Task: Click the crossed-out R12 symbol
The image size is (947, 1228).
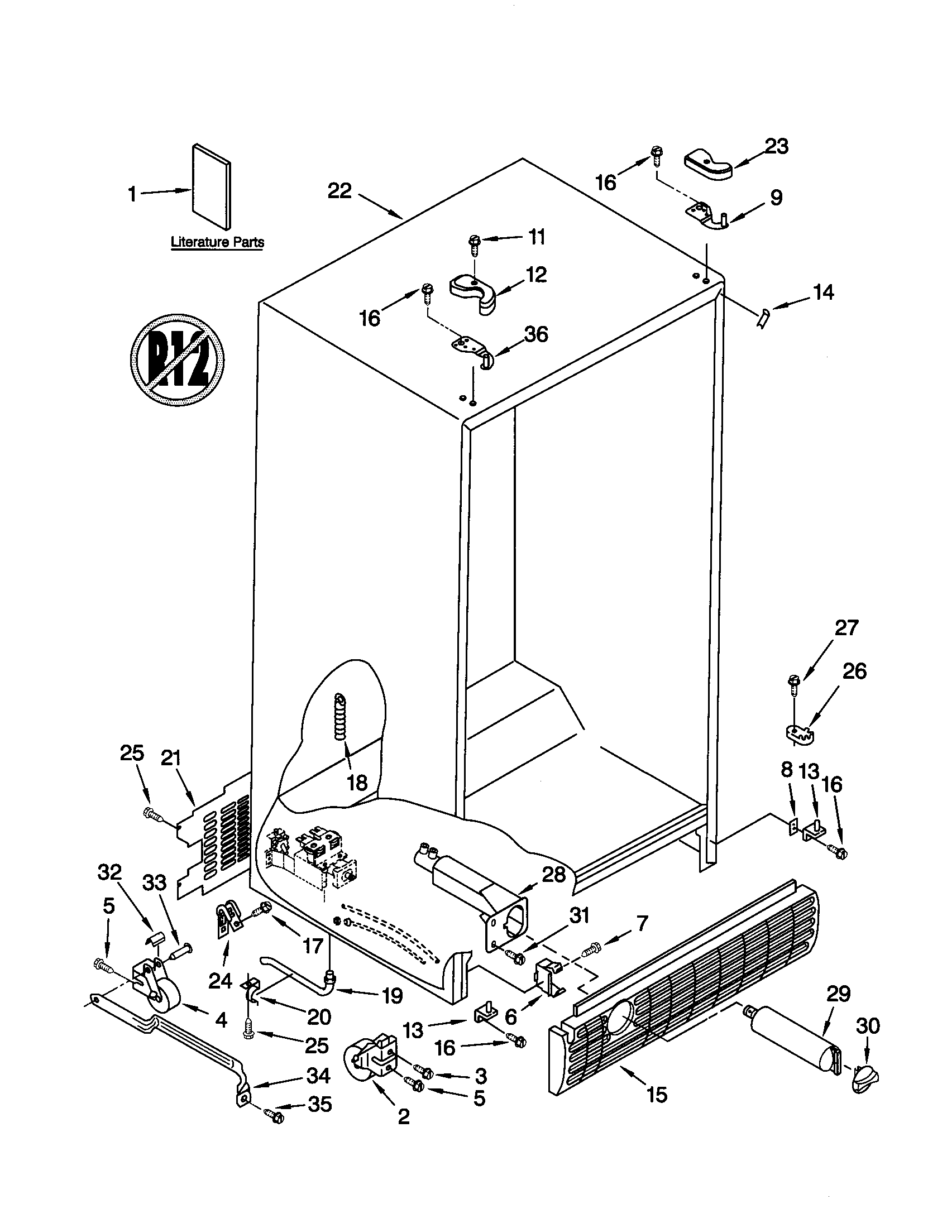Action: pos(177,359)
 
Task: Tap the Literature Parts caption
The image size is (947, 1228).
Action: pos(217,243)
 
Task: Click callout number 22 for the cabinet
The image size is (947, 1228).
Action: pos(339,191)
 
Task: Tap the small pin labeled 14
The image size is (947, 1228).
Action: pos(764,320)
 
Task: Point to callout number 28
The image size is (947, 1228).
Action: pos(553,875)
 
